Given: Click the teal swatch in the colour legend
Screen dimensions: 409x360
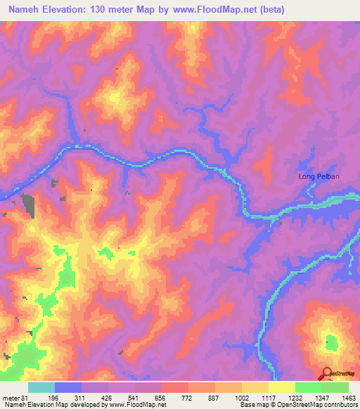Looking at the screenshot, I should (x=41, y=387).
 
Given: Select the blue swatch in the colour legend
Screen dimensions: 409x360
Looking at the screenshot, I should (x=68, y=387).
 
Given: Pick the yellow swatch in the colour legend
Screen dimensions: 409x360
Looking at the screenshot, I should (x=282, y=387).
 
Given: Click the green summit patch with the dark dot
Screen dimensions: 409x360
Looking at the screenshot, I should (x=329, y=344).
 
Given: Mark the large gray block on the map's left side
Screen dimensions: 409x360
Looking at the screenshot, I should (x=29, y=202).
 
